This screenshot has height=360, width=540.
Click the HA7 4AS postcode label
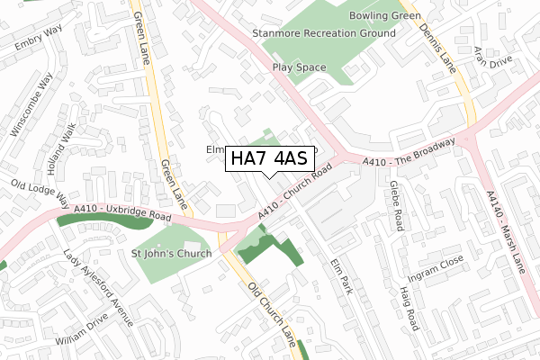[x=269, y=158]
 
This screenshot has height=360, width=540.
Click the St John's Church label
[x=171, y=254]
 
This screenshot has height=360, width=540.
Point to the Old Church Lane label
[x=271, y=310]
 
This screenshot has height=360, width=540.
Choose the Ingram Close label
[x=435, y=266]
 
